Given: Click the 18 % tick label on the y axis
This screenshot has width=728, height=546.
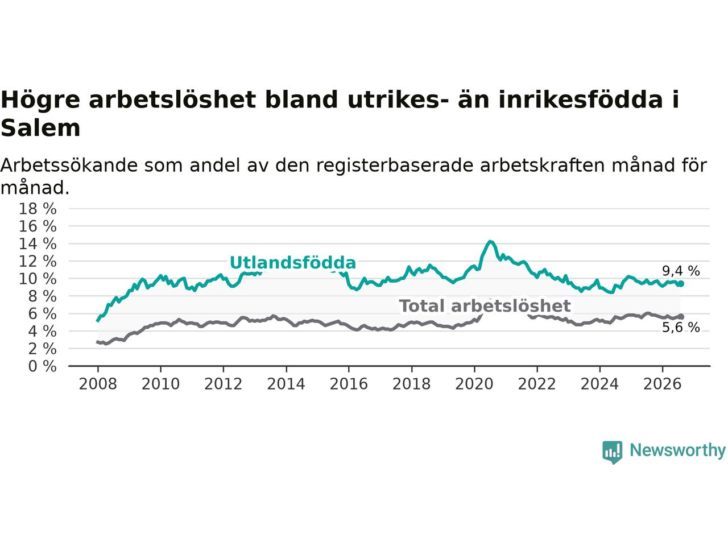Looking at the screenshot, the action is pos(38,209).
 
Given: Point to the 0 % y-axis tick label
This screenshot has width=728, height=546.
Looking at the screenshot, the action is pos(42,366).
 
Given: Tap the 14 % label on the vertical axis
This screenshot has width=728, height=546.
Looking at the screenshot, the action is pos(38,244).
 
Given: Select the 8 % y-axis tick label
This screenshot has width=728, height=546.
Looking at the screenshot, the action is pos(42,296).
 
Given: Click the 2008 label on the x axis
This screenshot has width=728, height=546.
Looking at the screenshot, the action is pos(98,384).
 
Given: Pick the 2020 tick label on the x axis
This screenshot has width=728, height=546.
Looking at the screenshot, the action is pos(474,384).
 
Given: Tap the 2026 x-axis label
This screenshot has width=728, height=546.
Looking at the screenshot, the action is pos(663,384).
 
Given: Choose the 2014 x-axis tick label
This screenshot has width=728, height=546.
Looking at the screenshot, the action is pos(286,384).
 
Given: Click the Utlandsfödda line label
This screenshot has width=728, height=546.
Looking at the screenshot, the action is pos(293,263).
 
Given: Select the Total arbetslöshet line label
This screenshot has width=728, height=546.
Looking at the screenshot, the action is pos(485,305).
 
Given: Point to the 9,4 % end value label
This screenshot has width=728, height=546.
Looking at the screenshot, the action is pos(681,271).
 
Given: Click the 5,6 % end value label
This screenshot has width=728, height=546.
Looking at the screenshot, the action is pos(681,328).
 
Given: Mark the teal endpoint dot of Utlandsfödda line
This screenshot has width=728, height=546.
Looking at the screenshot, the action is pos(681,284).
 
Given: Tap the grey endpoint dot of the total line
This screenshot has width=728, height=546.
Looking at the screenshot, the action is pos(681,317).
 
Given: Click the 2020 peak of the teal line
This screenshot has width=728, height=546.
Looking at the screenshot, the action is pos(490,242).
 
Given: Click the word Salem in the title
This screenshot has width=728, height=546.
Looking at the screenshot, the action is pos(40,129).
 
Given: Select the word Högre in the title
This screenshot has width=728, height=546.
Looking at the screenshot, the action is pos(40,100).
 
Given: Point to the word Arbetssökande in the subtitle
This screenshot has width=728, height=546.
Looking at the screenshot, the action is pos(69,165).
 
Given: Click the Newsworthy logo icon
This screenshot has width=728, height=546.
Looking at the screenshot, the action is pos(612,452).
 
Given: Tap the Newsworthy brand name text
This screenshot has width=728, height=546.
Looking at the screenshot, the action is pos(677,450).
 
